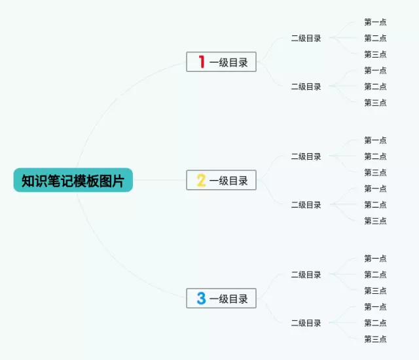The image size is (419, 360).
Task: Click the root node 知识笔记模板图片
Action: coord(73,181)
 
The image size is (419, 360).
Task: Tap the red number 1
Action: coord(202,62)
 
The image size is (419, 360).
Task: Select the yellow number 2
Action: coord(202,181)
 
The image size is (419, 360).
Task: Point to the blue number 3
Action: coord(202,299)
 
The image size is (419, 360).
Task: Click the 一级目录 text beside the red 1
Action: coord(229,63)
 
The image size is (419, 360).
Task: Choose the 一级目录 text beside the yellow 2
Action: coord(229,181)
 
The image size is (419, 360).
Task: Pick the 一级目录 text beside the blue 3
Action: coord(229,300)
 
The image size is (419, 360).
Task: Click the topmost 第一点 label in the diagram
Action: coord(375,22)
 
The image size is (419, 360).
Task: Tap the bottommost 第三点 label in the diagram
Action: coord(375,339)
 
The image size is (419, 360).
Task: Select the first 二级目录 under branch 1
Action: coord(306,39)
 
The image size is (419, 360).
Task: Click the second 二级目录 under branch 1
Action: coord(306,86)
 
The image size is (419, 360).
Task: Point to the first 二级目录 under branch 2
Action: coord(306,156)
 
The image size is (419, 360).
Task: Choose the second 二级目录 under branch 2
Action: coord(306,205)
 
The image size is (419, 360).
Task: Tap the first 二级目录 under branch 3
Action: coord(306,275)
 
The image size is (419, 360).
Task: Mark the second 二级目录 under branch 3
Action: coord(306,323)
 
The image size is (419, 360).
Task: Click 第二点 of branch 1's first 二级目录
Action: coord(375,39)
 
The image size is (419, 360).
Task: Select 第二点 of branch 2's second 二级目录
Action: coord(375,205)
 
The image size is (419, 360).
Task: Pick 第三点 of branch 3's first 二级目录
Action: coord(375,291)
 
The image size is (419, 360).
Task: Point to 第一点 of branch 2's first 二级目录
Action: coord(375,140)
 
